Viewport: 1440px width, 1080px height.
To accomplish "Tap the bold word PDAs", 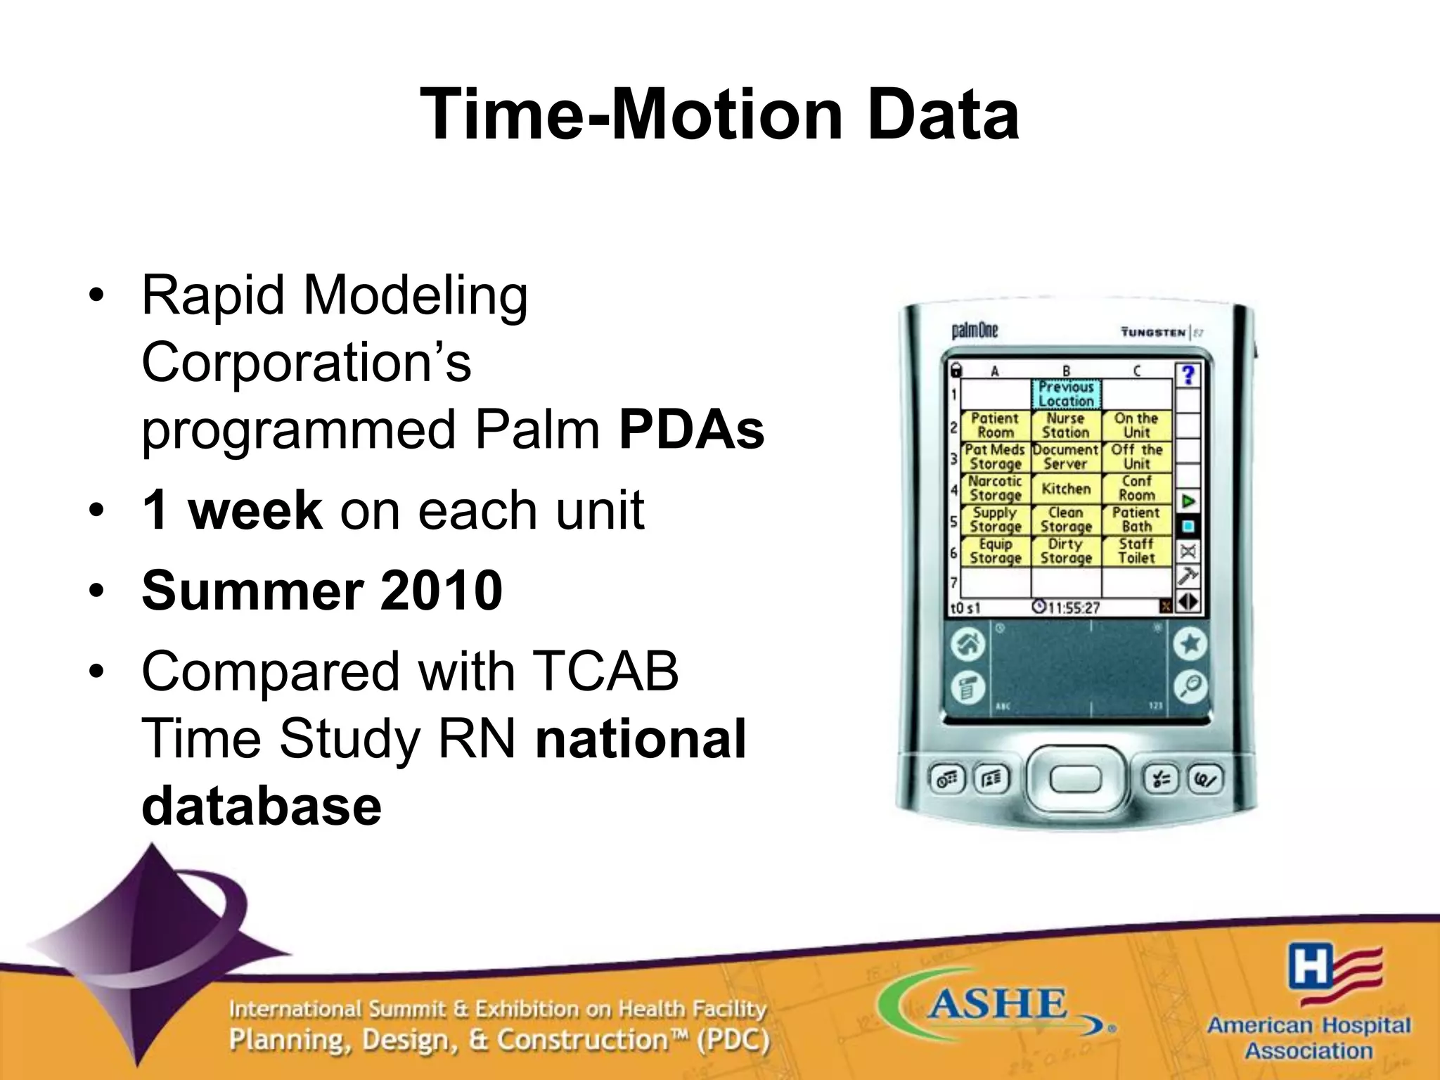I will click(691, 430).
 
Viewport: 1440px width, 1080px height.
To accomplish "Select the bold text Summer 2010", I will click(322, 591).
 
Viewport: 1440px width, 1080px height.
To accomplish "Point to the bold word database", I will click(262, 806).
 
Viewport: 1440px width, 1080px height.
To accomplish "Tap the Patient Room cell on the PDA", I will click(995, 425).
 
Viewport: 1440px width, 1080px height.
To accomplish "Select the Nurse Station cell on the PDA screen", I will click(1065, 425).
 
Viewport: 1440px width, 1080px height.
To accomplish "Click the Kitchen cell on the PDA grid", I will click(1065, 489).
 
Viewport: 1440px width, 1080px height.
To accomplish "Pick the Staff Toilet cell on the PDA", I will click(1136, 551).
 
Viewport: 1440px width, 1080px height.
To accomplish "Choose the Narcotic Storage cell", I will click(995, 488).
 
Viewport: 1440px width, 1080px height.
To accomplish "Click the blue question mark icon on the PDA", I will click(1188, 375).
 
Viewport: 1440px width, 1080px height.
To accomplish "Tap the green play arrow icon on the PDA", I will click(1188, 501).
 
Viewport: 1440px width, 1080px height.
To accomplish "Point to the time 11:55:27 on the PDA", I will click(1066, 607).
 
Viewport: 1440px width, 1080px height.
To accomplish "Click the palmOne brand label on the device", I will click(975, 330).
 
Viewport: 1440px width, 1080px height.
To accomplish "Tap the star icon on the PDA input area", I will click(1190, 644).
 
